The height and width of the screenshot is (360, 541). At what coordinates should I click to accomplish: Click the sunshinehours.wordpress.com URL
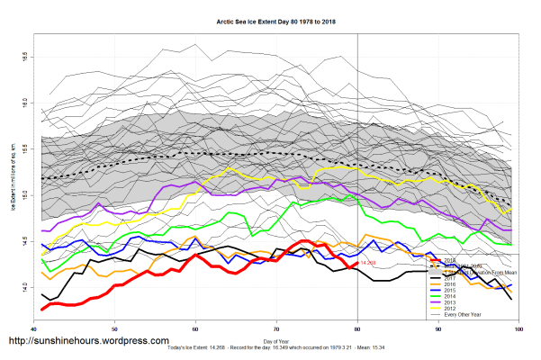pos(88,342)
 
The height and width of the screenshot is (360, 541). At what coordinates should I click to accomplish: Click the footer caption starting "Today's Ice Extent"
pos(275,348)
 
